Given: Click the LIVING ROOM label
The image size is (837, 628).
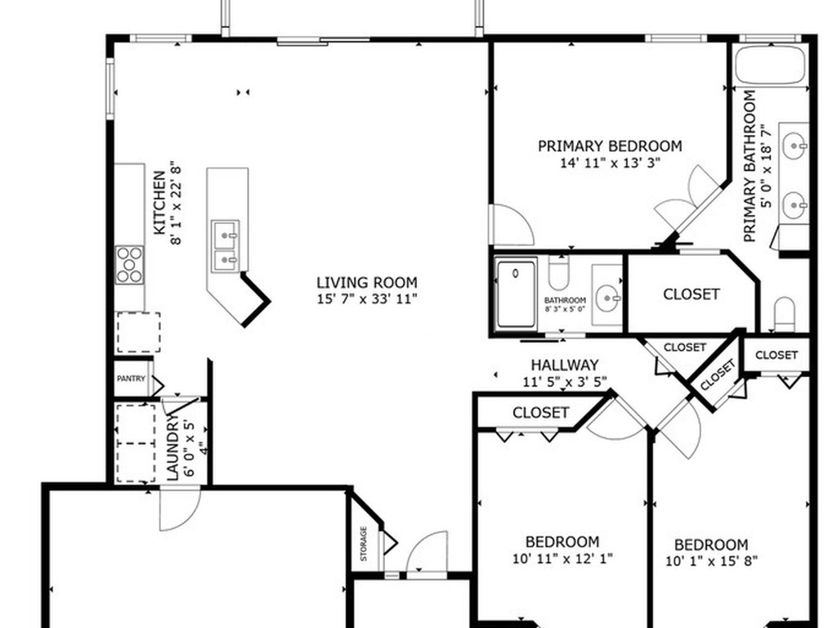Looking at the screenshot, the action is [x=367, y=282].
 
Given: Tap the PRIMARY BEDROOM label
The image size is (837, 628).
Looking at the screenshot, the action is [x=610, y=146].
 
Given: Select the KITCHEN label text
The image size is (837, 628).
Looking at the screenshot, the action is [x=159, y=203].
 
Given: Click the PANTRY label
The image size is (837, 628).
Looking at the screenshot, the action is [x=131, y=379].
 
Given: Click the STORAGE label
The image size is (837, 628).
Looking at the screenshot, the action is [x=364, y=544].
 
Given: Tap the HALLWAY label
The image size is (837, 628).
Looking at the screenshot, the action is [x=564, y=366].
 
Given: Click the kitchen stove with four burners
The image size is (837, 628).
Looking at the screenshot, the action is [x=130, y=264].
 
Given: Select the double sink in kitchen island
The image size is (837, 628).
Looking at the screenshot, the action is [x=226, y=242].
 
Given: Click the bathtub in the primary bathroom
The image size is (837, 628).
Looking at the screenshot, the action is [x=770, y=65].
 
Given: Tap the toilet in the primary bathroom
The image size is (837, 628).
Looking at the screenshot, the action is [x=784, y=314].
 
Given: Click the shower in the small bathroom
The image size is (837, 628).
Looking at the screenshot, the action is [x=516, y=294].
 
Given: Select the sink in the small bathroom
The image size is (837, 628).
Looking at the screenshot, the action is [x=608, y=295].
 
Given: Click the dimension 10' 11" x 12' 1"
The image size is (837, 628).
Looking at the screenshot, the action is [x=562, y=558].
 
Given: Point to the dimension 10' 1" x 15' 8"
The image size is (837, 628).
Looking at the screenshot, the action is [x=712, y=561].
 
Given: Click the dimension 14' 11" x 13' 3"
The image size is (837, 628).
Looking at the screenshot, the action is [x=610, y=163].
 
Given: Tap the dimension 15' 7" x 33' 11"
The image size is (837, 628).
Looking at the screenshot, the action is [x=367, y=298].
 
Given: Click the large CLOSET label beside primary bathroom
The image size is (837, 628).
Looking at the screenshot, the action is [x=692, y=294].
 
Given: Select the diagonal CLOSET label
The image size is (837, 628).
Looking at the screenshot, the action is [x=718, y=375].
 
